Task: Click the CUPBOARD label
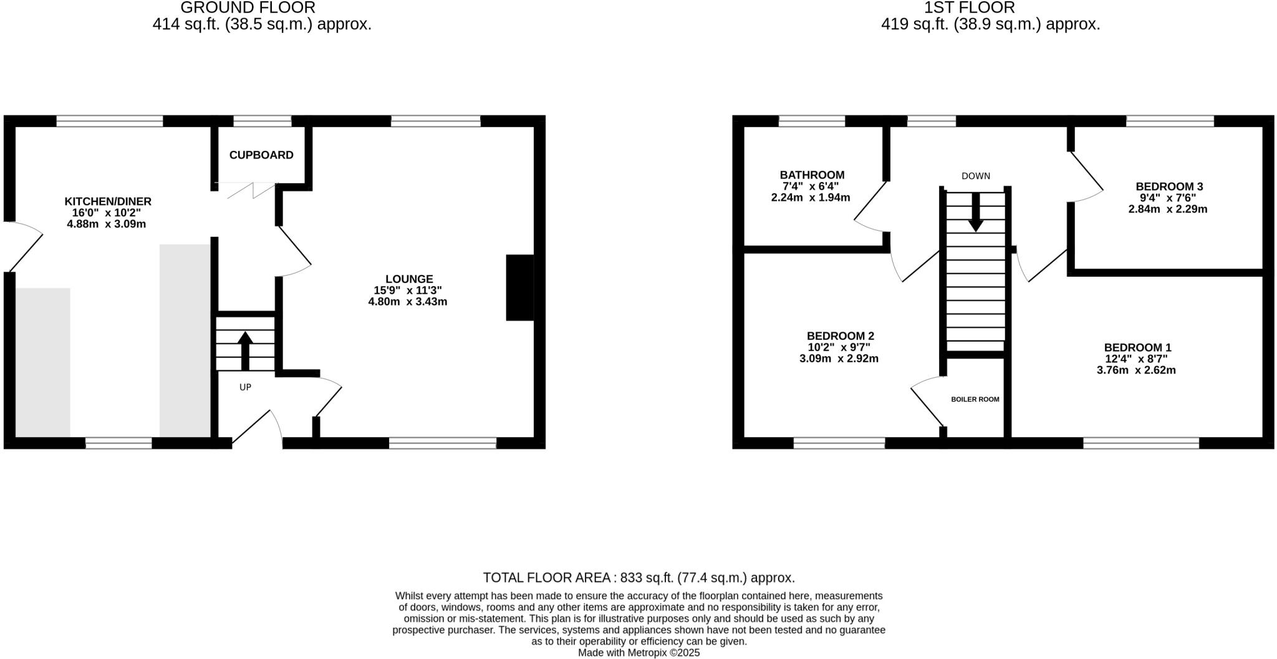tap(261, 155)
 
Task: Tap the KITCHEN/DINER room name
tap(108, 201)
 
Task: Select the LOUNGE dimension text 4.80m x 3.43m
tap(408, 302)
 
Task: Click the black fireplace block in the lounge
tap(520, 287)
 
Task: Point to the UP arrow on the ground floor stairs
tap(245, 350)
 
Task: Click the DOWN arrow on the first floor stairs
tap(975, 212)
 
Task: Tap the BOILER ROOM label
tap(975, 399)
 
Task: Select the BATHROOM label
tap(812, 175)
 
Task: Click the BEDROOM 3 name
tap(1169, 186)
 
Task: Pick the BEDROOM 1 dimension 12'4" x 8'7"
tap(1136, 358)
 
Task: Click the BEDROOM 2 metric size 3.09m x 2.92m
tap(839, 358)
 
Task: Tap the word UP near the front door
tap(245, 387)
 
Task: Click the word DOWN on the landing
tap(975, 176)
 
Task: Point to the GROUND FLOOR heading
tap(248, 7)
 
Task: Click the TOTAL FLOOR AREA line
tap(638, 577)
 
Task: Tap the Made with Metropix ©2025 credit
tap(638, 653)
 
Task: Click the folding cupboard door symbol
tap(246, 190)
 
